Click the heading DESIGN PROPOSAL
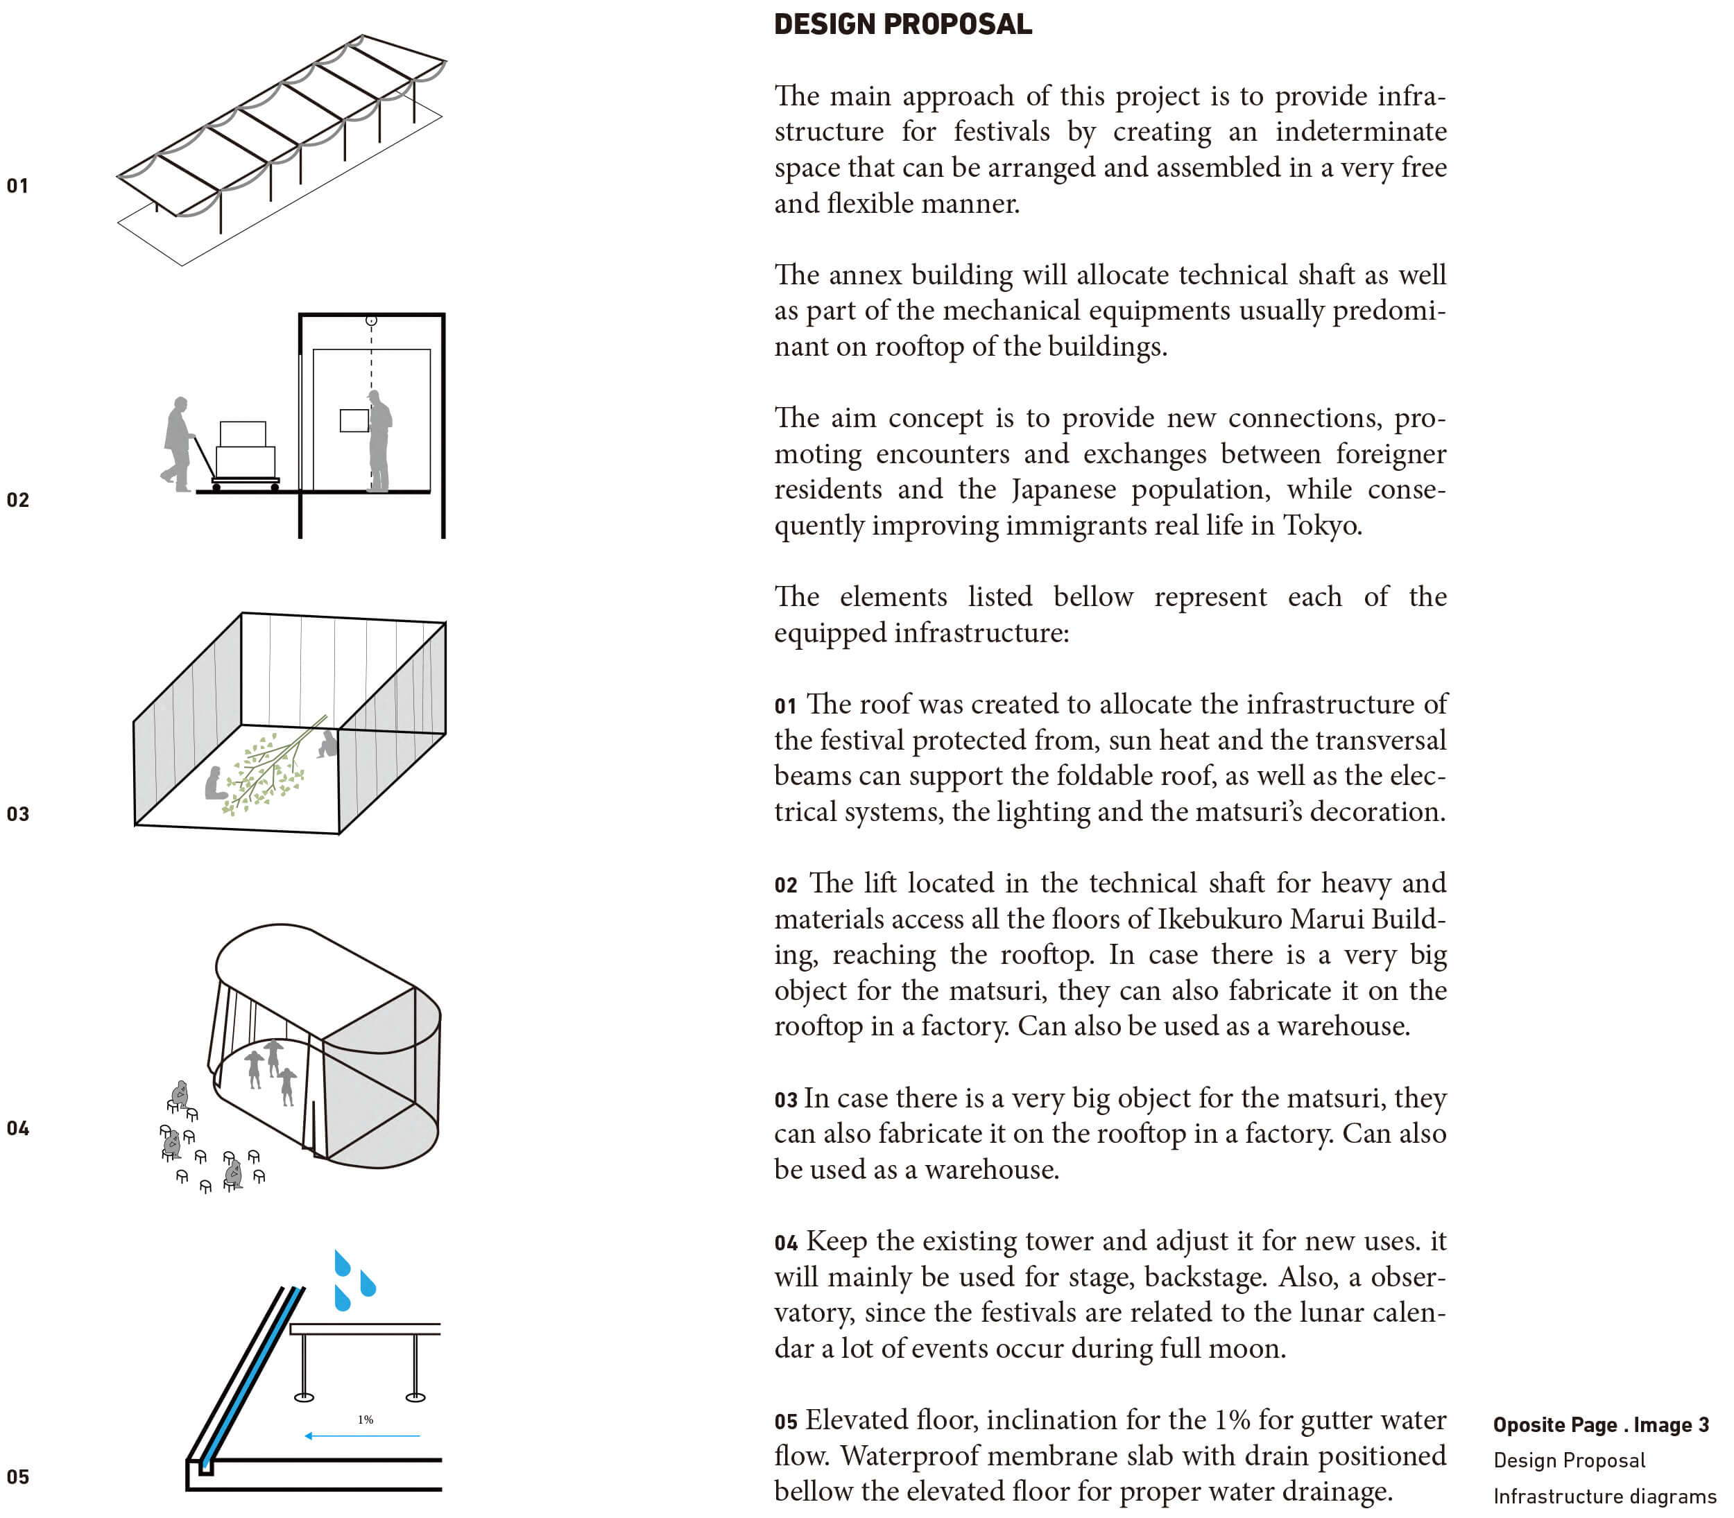(903, 24)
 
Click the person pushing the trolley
(178, 443)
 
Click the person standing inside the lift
(379, 440)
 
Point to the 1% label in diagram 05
(365, 1420)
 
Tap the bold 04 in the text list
(785, 1243)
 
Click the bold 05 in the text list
(785, 1422)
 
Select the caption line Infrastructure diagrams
(1604, 1497)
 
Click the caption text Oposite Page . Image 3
(1600, 1425)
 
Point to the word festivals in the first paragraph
(1002, 132)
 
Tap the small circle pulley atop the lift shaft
(371, 320)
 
